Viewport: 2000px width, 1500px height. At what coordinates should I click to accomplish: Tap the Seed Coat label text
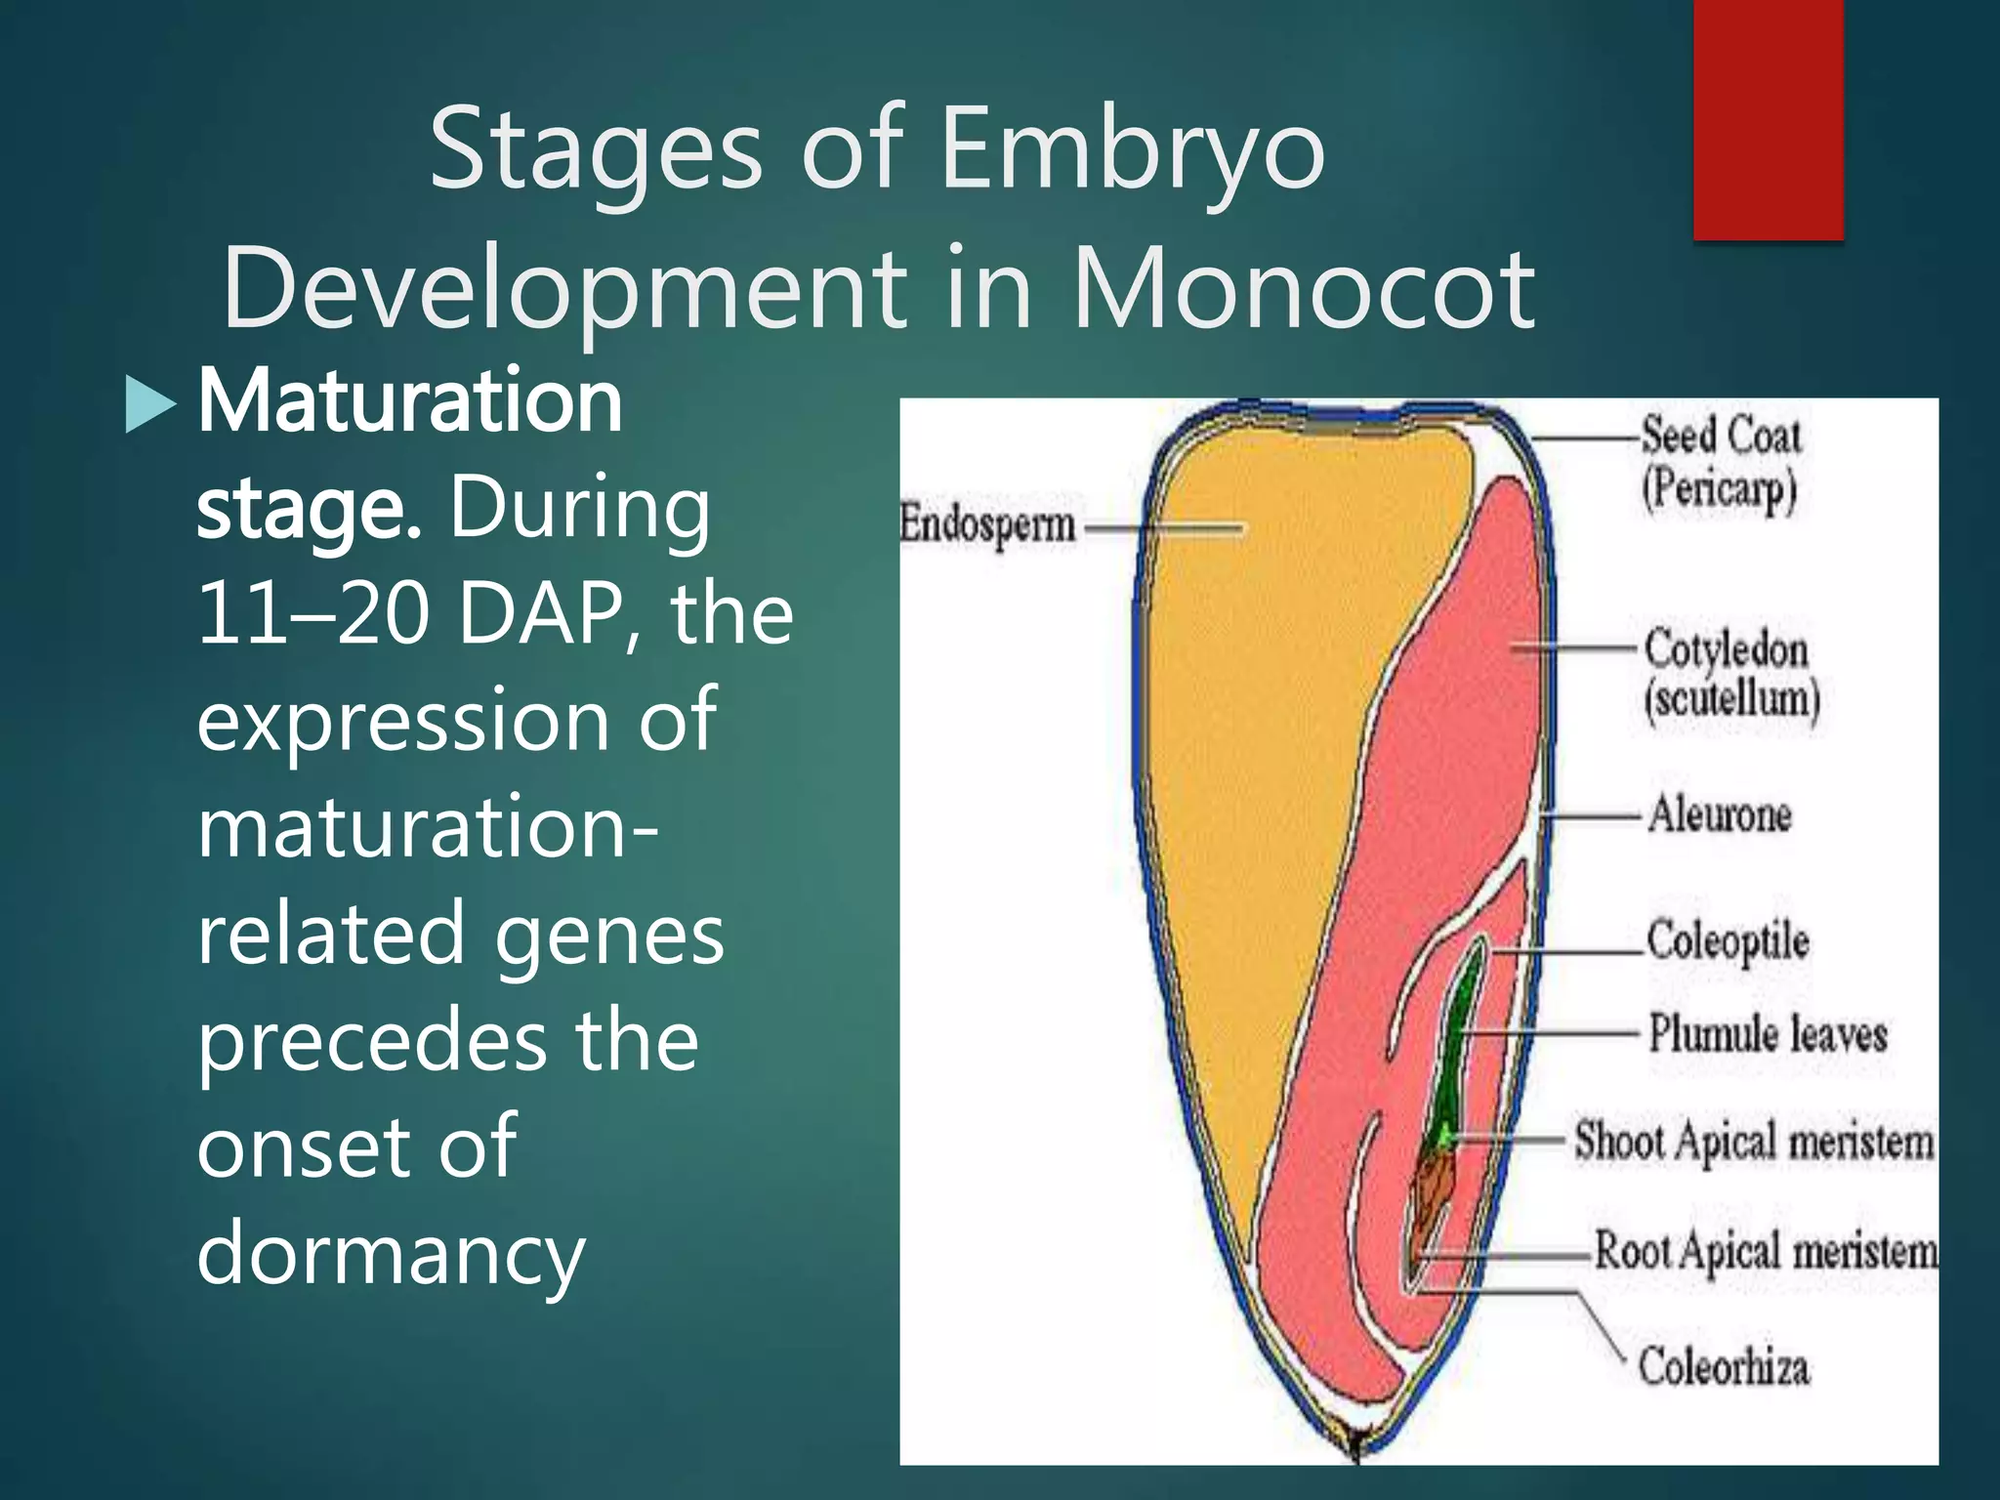pyautogui.click(x=1721, y=435)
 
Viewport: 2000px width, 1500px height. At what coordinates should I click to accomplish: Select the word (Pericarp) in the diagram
pyautogui.click(x=1719, y=489)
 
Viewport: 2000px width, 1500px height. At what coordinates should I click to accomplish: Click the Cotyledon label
pyautogui.click(x=1726, y=649)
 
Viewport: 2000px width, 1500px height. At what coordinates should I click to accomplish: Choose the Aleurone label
pyautogui.click(x=1720, y=813)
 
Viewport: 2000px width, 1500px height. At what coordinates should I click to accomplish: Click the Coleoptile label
pyautogui.click(x=1727, y=940)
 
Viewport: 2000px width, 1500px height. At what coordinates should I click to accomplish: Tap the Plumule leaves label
pyautogui.click(x=1768, y=1033)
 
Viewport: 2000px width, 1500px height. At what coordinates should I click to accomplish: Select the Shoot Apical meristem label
pyautogui.click(x=1753, y=1141)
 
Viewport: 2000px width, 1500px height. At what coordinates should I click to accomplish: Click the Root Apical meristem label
pyautogui.click(x=1766, y=1251)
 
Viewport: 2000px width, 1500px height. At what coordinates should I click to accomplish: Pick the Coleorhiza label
pyautogui.click(x=1724, y=1366)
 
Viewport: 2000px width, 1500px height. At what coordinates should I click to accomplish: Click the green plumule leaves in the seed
pyautogui.click(x=1458, y=1045)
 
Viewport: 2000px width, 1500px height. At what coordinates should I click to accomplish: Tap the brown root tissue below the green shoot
pyautogui.click(x=1432, y=1191)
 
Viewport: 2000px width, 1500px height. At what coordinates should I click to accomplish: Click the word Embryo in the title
pyautogui.click(x=1133, y=149)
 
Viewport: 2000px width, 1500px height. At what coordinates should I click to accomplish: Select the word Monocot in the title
pyautogui.click(x=1304, y=290)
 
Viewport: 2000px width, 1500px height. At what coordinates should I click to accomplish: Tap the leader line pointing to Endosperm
pyautogui.click(x=1162, y=528)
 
